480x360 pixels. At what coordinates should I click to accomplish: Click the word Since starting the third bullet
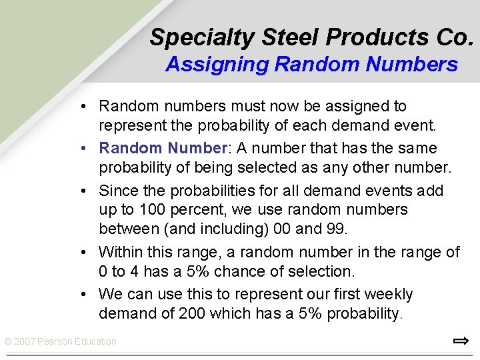118,191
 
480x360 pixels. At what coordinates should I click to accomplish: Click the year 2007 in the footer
25,342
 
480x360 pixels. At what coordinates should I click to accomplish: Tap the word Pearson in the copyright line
55,342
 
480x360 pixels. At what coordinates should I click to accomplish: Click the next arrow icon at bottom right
460,341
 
